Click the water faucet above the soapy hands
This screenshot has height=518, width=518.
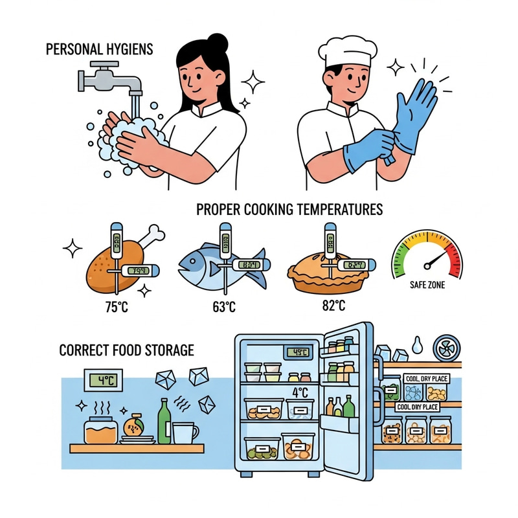pyautogui.click(x=110, y=77)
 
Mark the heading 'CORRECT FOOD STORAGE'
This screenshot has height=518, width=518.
pyautogui.click(x=126, y=350)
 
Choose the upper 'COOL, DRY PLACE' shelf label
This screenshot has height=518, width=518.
pyautogui.click(x=422, y=378)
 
